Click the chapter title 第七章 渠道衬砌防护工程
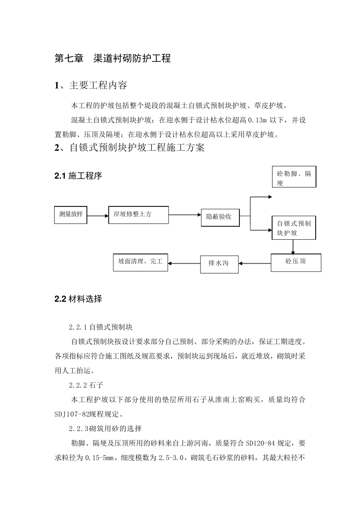point(113,58)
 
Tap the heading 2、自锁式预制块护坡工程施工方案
point(130,147)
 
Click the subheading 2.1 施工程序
point(78,176)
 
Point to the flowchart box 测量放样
point(71,214)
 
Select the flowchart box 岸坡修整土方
point(138,215)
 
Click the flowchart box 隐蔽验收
point(220,217)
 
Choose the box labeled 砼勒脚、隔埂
point(294,177)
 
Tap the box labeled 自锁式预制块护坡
point(294,228)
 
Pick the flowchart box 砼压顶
point(296,262)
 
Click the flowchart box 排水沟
point(219,263)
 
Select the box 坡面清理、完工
point(140,262)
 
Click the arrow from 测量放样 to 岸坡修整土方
point(97,216)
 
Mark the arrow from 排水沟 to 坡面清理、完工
point(184,263)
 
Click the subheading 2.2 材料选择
point(78,299)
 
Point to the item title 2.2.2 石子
point(86,385)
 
